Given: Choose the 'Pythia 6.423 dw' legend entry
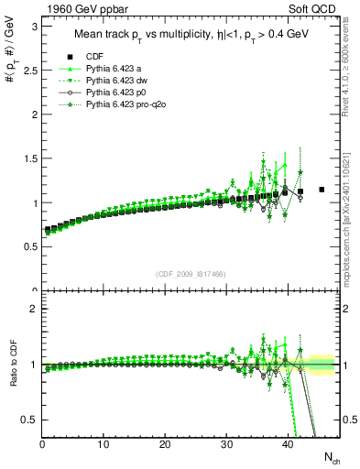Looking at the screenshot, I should coord(115,80).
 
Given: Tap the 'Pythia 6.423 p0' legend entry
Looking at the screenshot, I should coord(115,92).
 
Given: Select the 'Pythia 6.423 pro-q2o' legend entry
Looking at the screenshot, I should coord(125,104).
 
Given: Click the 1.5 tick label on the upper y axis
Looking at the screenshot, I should coord(28,158).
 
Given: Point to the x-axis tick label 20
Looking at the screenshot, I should coord(165,445).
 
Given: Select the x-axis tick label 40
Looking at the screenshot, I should coord(288,445).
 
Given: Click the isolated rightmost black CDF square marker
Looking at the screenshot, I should coord(322,190).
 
